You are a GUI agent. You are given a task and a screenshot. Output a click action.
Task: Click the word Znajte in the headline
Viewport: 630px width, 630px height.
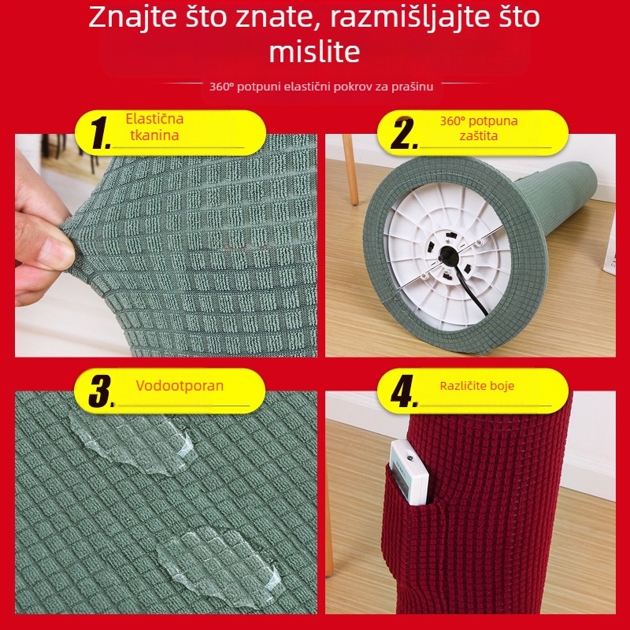131,17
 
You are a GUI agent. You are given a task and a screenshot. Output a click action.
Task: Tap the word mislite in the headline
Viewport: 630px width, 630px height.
314,52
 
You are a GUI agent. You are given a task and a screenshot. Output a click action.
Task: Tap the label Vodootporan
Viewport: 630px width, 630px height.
180,386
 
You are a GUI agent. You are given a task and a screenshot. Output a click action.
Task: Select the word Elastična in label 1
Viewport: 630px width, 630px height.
154,119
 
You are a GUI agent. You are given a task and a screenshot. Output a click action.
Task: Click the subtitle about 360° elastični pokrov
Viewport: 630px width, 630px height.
321,86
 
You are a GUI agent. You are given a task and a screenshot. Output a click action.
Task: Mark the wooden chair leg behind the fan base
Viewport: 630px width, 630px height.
350,170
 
